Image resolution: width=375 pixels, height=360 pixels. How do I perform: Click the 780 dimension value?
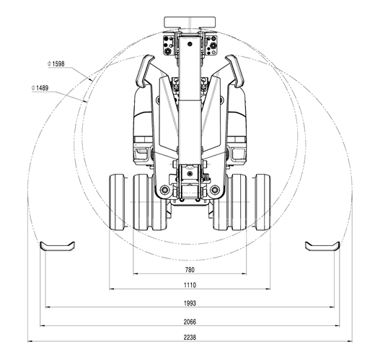(x=190, y=270)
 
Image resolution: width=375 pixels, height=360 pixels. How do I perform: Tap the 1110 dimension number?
(x=190, y=285)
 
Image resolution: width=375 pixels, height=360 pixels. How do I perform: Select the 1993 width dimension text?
(x=190, y=303)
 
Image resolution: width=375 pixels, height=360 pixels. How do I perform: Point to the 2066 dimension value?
(x=190, y=322)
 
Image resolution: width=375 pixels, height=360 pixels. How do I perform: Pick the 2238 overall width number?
(x=190, y=338)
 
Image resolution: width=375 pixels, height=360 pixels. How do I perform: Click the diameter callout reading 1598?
(x=56, y=63)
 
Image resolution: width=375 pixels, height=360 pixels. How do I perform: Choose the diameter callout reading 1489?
(x=40, y=88)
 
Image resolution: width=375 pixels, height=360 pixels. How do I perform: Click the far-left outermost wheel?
(x=117, y=202)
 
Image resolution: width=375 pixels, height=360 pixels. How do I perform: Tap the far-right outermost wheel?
(x=262, y=202)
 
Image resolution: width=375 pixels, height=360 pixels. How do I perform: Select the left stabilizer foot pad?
(x=57, y=247)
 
